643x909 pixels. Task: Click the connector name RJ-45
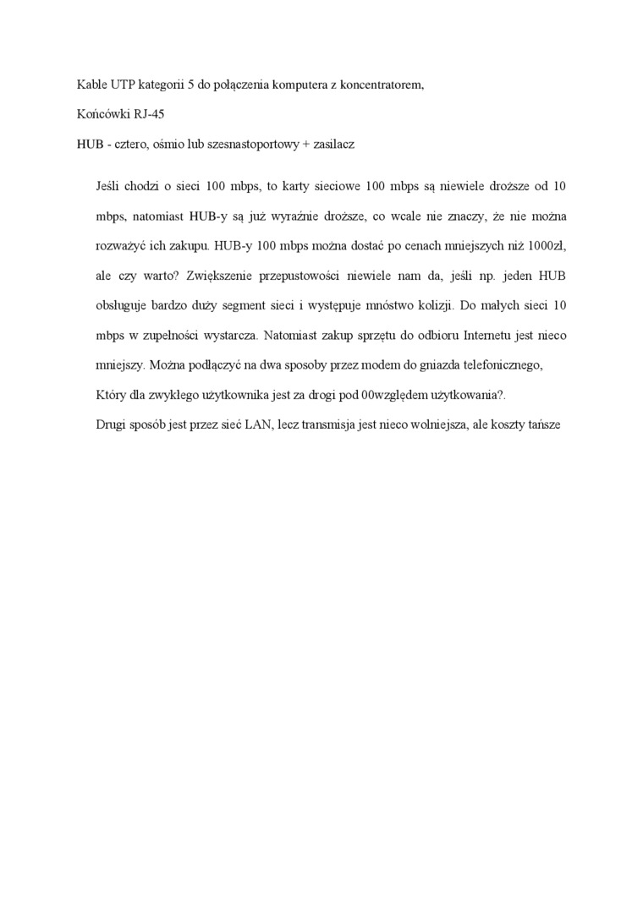(150, 114)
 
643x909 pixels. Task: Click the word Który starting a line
(111, 395)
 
